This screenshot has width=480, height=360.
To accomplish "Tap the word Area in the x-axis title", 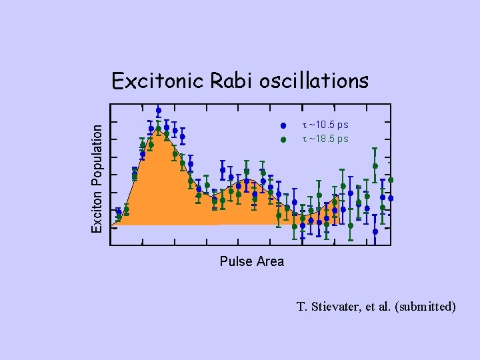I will pos(270,261).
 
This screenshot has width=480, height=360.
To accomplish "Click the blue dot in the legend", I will pos(283,125).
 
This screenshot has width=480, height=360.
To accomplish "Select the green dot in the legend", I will pos(283,139).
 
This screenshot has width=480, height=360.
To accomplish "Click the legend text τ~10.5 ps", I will pos(325,125).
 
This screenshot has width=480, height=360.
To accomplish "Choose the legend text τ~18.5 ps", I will pos(325,139).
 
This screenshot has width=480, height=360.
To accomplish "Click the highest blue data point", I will pos(158,111).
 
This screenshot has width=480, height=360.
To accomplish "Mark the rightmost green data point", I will pos(391,180).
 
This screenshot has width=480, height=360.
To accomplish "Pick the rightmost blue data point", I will pos(391,198).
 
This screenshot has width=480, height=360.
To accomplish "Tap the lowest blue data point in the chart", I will pos(375,231).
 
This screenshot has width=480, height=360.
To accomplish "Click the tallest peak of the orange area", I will pos(159,129).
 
